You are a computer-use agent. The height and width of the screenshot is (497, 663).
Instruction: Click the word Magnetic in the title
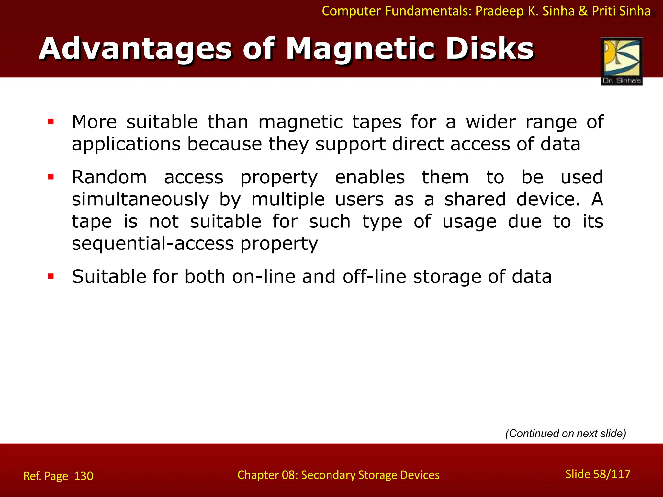click(361, 49)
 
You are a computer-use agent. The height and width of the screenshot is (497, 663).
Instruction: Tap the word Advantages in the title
click(136, 49)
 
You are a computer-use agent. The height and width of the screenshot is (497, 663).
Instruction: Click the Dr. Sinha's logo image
click(622, 61)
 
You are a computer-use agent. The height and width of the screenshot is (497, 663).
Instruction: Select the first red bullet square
click(51, 122)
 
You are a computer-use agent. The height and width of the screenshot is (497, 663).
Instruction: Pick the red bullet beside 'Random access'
click(51, 177)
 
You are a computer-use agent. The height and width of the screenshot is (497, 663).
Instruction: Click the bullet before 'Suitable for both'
click(51, 276)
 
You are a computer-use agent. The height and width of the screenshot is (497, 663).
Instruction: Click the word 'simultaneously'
click(140, 200)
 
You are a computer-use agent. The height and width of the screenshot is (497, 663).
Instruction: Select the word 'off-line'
click(374, 277)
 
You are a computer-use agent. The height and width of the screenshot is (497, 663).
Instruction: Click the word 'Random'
click(109, 177)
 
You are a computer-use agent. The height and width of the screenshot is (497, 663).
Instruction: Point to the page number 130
click(84, 476)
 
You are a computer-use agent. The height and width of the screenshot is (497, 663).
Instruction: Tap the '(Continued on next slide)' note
click(566, 433)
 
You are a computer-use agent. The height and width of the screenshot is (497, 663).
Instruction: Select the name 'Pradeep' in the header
click(499, 11)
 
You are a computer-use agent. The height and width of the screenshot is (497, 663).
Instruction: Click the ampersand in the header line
click(583, 11)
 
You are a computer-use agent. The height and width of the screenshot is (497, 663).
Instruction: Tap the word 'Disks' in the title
click(490, 49)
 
